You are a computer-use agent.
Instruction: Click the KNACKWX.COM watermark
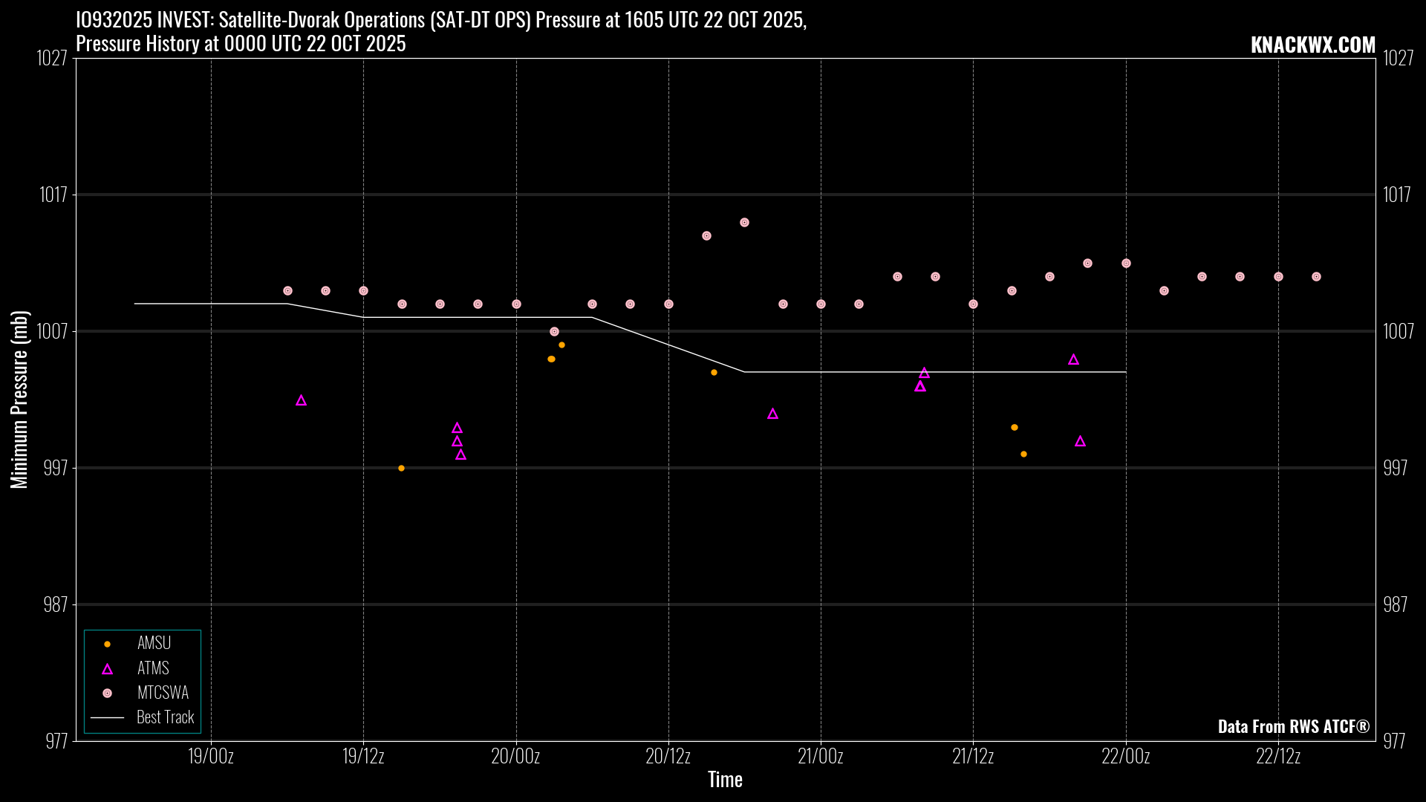pos(1312,45)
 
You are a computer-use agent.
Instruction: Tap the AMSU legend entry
pos(154,643)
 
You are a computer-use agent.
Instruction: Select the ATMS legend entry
pos(153,668)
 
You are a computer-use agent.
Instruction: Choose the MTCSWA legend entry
pos(163,693)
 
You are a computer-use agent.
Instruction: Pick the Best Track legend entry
pos(165,717)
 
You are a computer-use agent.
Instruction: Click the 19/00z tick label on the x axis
pos(211,757)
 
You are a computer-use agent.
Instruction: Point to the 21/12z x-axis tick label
pos(973,757)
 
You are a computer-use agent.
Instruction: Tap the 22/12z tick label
pos(1278,757)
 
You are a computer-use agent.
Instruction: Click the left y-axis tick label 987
pos(56,604)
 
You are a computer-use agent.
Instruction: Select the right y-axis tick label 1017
pos(1396,195)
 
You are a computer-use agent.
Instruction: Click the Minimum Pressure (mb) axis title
pos(19,400)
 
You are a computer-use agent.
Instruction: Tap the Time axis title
pos(725,780)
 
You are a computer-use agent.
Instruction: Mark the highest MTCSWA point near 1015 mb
pos(744,222)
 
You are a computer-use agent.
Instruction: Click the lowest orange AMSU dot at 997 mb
pos(401,468)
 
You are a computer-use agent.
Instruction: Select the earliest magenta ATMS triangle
pos(301,400)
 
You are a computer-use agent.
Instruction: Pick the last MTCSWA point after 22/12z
pos(1316,276)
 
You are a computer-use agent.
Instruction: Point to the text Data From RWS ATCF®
pos(1293,726)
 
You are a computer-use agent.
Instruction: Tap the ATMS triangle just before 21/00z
pos(772,414)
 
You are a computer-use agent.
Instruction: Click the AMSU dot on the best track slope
pos(714,372)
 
